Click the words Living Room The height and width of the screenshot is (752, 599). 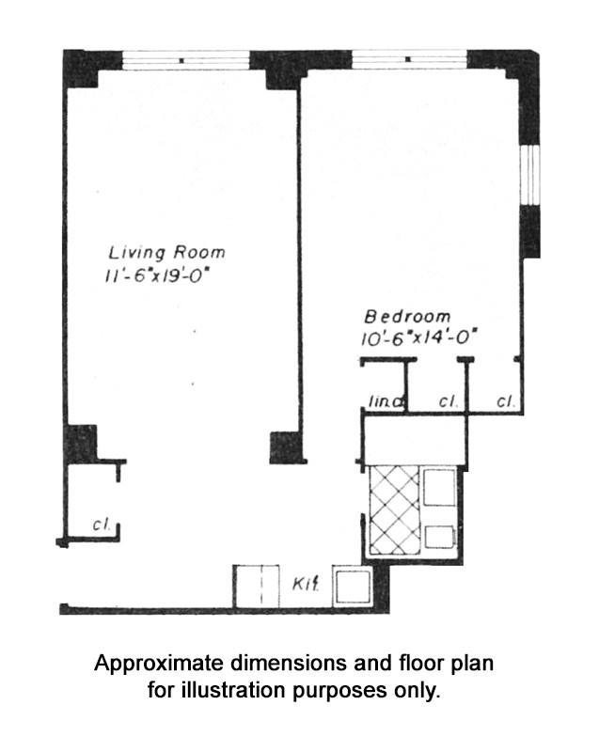tap(167, 252)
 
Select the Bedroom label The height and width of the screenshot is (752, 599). tap(407, 317)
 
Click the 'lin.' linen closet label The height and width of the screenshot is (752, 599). tap(385, 402)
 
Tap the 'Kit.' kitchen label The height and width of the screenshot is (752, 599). tap(304, 584)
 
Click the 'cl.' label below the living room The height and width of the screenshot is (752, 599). tap(102, 525)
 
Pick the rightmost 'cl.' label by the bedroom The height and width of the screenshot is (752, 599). tap(505, 401)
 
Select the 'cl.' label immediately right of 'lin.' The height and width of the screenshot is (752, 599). tap(449, 401)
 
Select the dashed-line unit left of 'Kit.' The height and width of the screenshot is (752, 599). tap(257, 587)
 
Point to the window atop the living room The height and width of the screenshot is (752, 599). tap(186, 58)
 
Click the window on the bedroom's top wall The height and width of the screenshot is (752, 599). tap(409, 58)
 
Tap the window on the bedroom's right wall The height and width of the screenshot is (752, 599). tap(530, 174)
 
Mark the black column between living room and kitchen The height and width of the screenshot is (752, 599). tap(285, 446)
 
